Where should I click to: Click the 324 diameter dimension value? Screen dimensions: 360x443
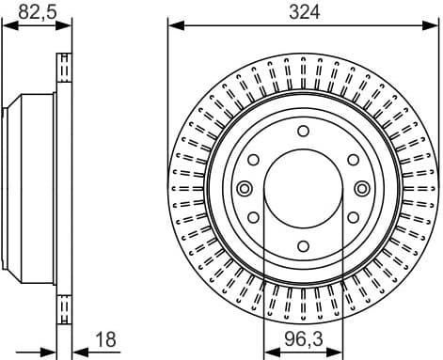pyautogui.click(x=303, y=12)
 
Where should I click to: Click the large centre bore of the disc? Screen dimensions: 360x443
pyautogui.click(x=303, y=188)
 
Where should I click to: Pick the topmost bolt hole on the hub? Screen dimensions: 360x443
pyautogui.click(x=303, y=131)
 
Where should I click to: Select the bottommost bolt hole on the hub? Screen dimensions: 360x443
pyautogui.click(x=303, y=246)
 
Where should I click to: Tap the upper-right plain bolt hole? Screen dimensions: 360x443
pyautogui.click(x=353, y=160)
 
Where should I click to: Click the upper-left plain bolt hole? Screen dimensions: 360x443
pyautogui.click(x=253, y=160)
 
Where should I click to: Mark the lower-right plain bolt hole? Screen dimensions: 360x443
pyautogui.click(x=353, y=217)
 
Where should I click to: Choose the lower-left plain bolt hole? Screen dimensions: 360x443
pyautogui.click(x=253, y=217)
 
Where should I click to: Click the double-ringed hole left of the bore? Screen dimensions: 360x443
pyautogui.click(x=243, y=188)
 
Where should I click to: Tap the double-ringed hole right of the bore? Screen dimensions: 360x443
pyautogui.click(x=362, y=188)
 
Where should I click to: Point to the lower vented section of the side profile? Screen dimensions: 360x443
pyautogui.click(x=65, y=305)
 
